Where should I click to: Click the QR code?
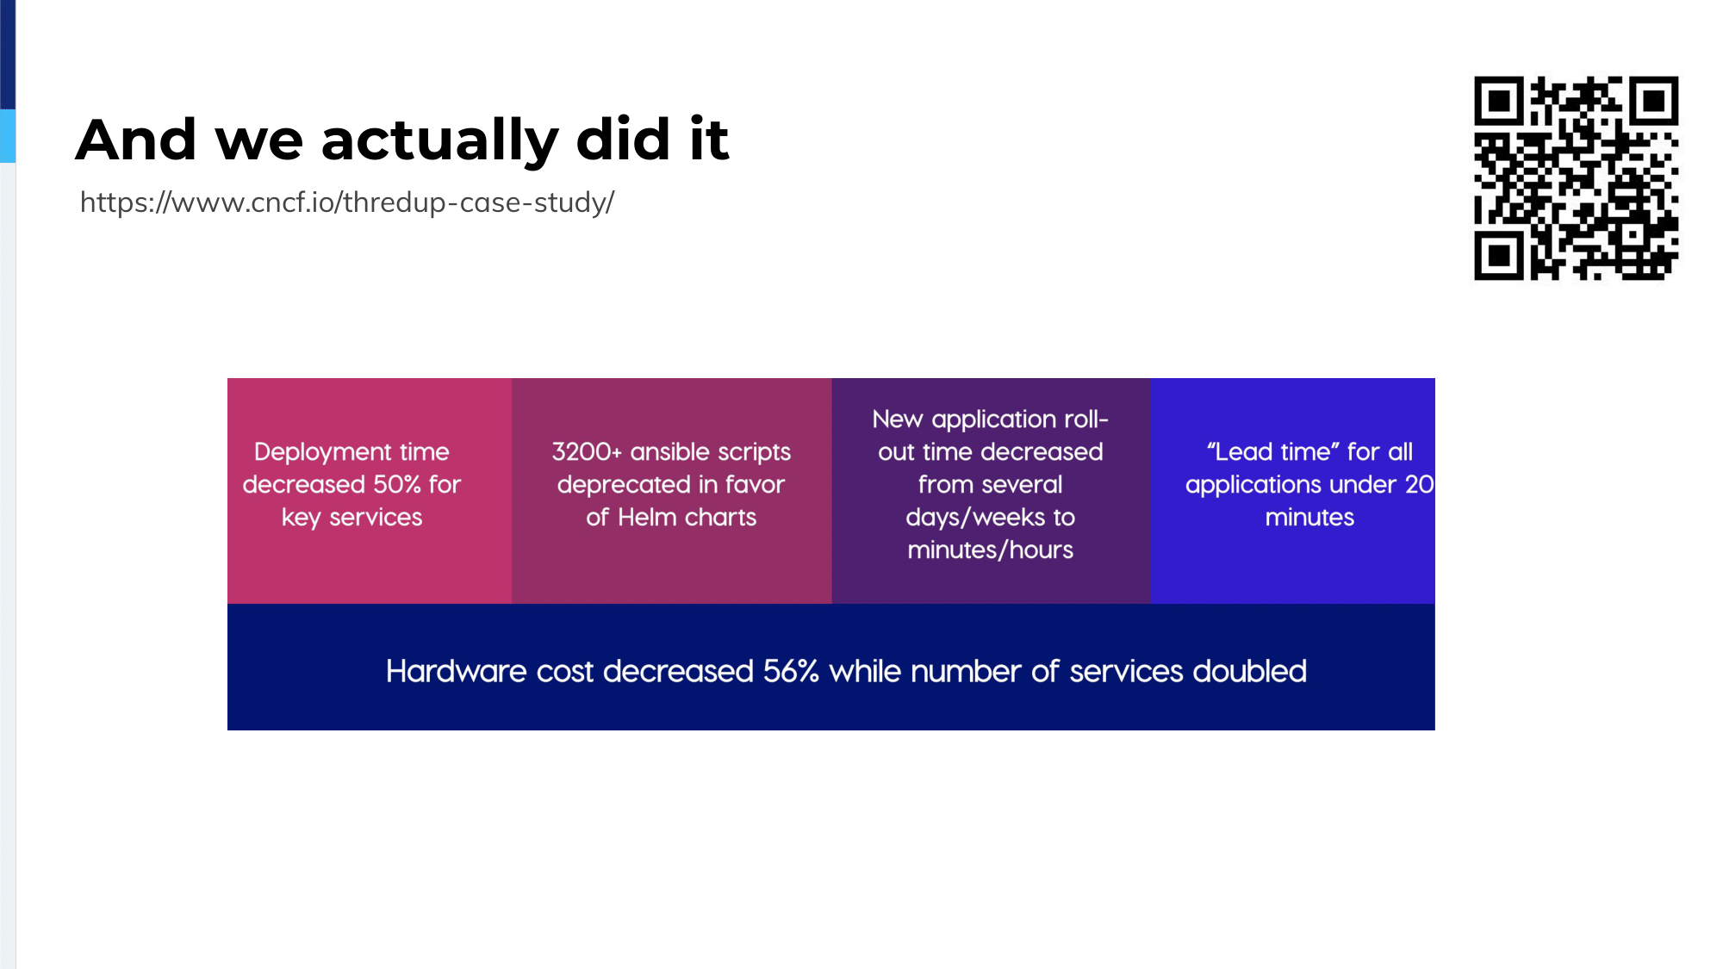(x=1576, y=178)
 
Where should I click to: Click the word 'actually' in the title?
(x=439, y=140)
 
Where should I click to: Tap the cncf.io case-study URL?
(x=347, y=202)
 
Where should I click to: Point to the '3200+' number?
(x=587, y=451)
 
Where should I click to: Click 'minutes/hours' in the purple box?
(x=991, y=550)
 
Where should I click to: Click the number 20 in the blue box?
(x=1420, y=484)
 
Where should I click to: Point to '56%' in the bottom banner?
(x=791, y=671)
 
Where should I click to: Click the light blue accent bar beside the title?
(x=8, y=136)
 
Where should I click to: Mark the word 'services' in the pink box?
(x=376, y=517)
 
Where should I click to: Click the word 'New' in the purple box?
(x=898, y=419)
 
